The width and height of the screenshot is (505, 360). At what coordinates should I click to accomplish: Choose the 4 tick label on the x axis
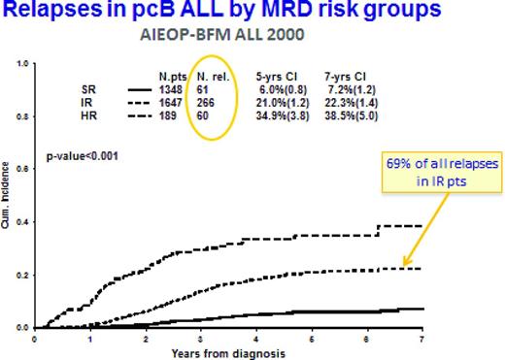tap(254, 338)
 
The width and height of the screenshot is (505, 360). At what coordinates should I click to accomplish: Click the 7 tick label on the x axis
tap(421, 338)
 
